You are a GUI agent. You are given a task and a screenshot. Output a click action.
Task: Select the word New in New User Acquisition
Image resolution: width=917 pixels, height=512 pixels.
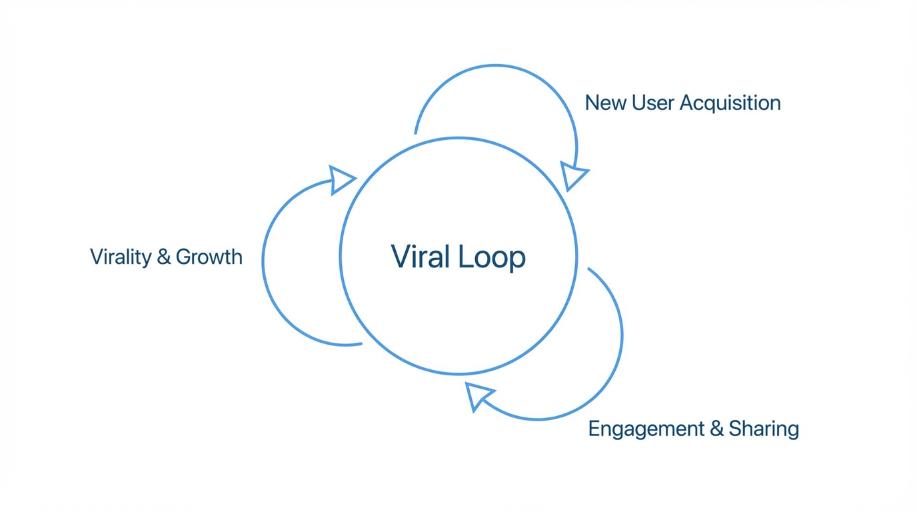[x=605, y=103]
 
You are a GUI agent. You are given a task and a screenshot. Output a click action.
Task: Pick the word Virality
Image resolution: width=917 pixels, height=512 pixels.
[x=121, y=257]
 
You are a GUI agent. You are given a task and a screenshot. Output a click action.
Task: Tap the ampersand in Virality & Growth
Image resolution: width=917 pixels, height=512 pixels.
[x=164, y=257]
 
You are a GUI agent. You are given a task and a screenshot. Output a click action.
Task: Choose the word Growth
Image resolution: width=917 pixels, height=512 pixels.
[x=209, y=257]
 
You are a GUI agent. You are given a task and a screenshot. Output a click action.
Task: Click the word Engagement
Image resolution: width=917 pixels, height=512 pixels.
[x=646, y=429]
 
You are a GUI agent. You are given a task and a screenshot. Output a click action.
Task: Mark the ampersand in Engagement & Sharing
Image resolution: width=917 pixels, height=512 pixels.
[x=716, y=429]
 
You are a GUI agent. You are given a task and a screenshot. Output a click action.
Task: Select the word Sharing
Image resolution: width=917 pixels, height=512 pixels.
[x=764, y=429]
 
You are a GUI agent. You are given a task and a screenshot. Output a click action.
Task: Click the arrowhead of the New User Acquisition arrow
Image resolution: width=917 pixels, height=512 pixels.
[x=572, y=175]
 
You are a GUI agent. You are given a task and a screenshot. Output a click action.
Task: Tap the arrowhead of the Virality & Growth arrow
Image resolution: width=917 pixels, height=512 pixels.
[x=341, y=179]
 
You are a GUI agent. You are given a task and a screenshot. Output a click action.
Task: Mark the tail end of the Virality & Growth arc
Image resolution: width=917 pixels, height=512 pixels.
[x=361, y=344]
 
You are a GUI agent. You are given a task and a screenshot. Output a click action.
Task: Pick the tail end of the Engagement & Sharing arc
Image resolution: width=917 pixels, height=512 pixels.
[x=588, y=269]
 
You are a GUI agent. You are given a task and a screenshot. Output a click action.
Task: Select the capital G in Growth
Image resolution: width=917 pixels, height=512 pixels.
[x=185, y=257]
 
